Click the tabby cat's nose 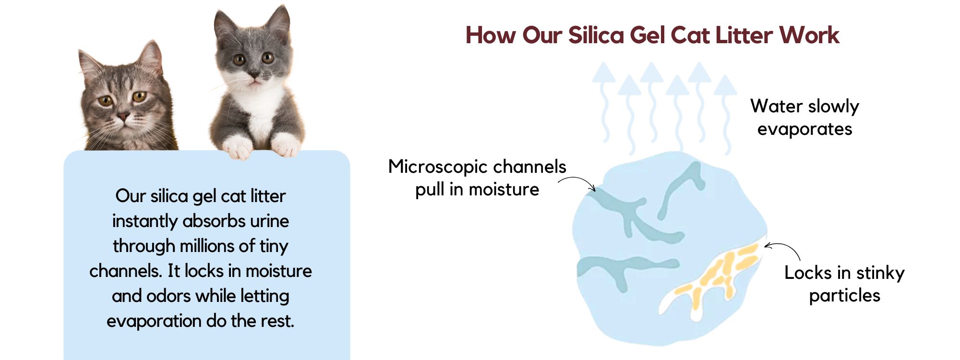point(123,115)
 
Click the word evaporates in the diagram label point(804,129)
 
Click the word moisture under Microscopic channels point(504,190)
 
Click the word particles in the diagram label point(845,296)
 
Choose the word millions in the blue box point(208,246)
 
